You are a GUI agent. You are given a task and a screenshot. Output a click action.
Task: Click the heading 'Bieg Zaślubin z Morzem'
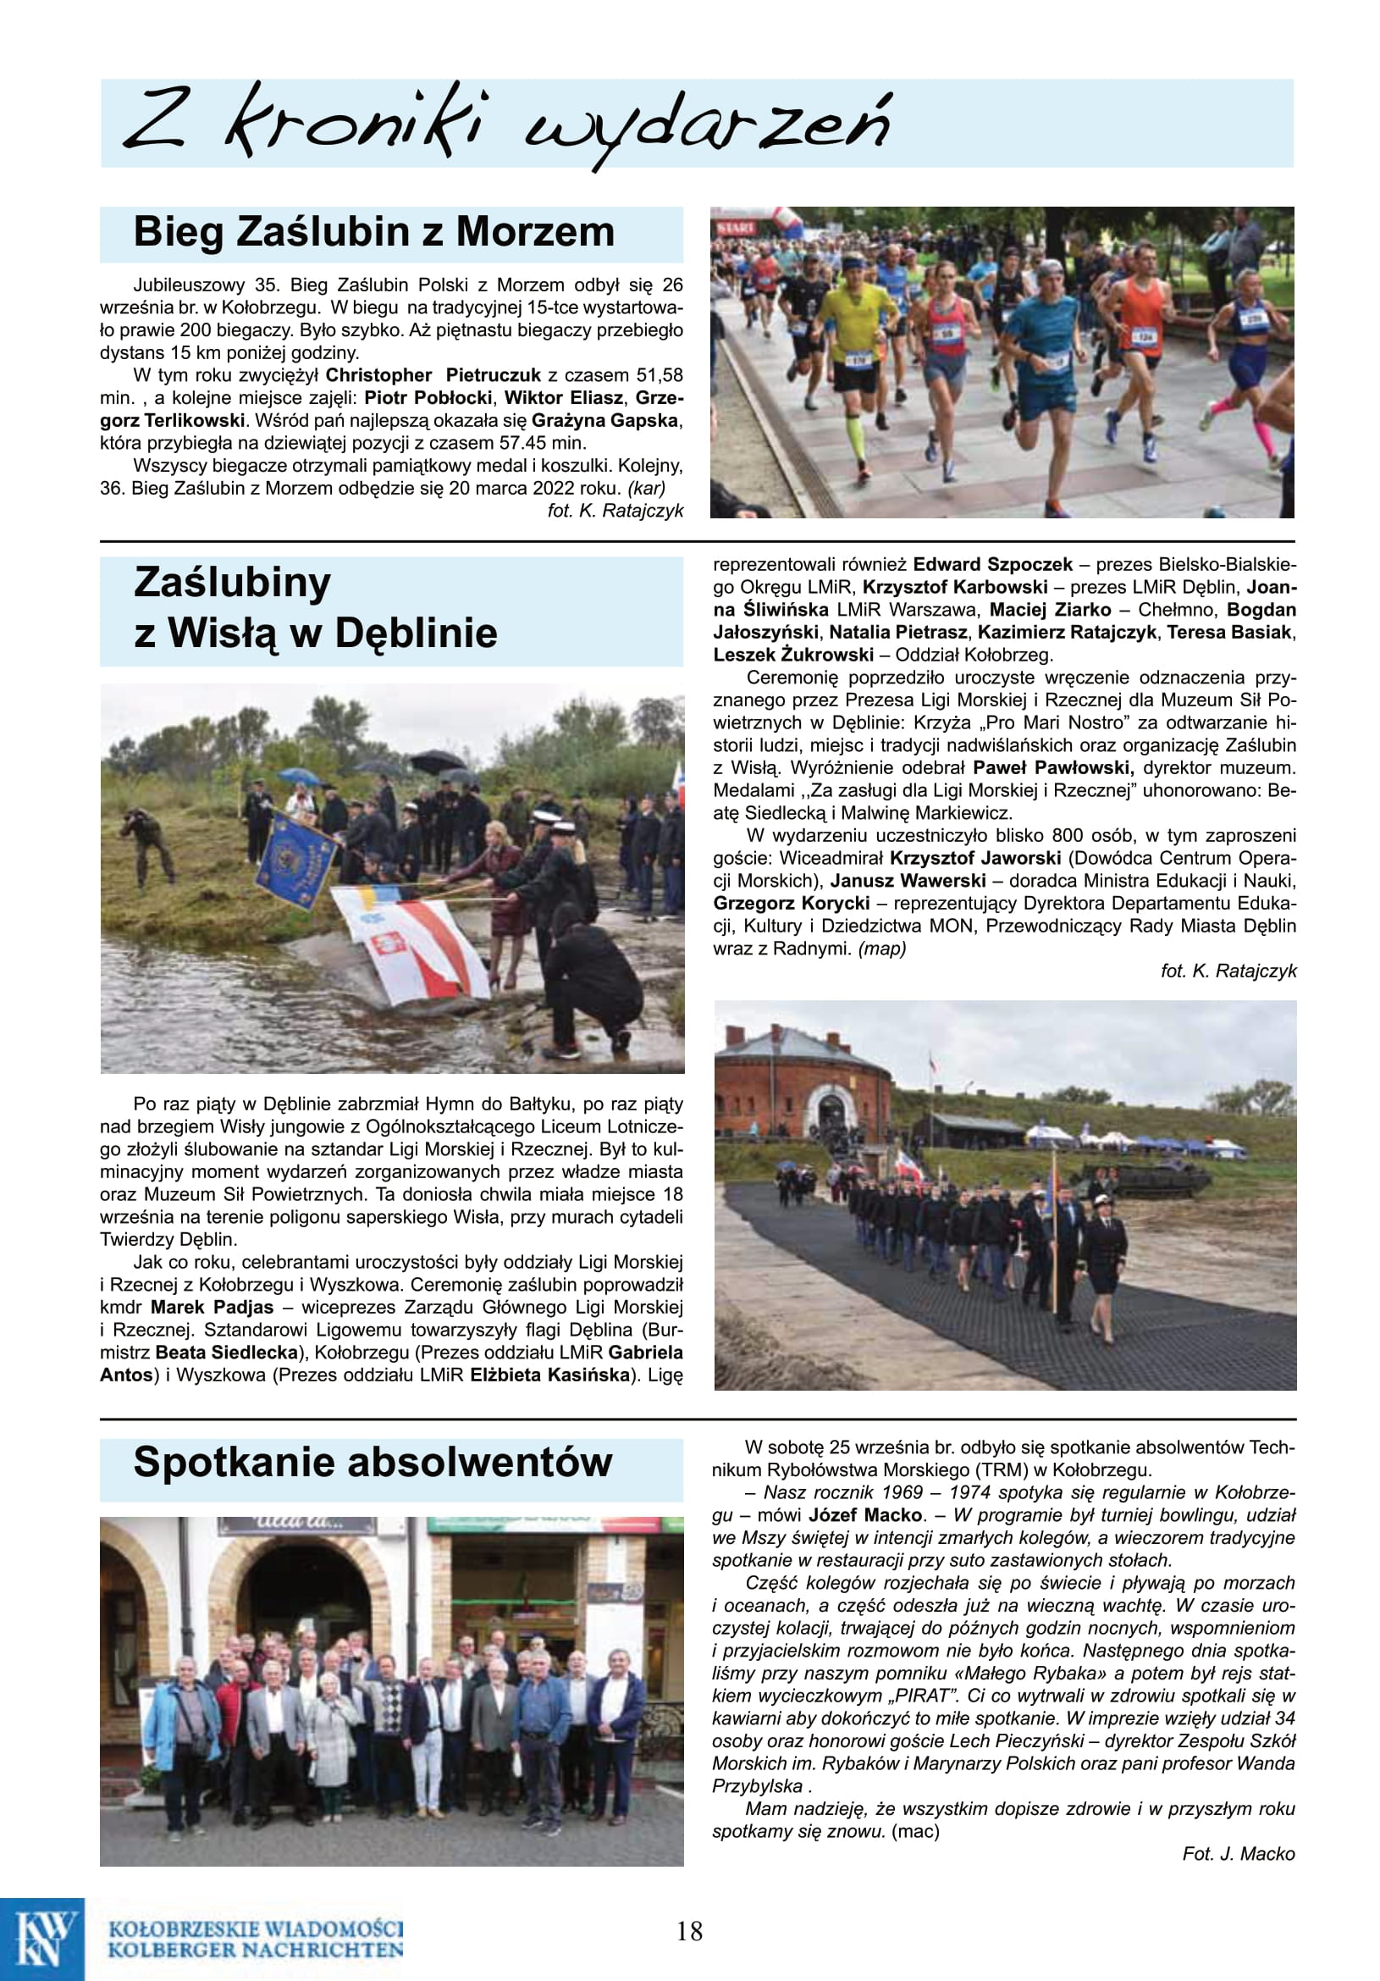point(373,233)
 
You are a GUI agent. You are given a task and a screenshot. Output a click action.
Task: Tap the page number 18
point(689,1931)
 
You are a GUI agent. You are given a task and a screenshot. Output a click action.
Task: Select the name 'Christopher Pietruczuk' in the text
point(432,375)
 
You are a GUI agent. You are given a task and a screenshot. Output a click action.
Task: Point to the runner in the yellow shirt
point(857,345)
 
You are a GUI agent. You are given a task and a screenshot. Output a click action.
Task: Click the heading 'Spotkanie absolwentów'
point(373,1463)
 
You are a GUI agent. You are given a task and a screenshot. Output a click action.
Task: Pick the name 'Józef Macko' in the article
point(865,1515)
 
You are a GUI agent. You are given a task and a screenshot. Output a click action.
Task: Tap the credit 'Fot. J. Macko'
point(1238,1853)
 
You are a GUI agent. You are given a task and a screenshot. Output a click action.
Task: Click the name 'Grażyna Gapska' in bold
point(604,421)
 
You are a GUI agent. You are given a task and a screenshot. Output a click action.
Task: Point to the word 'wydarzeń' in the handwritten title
point(707,125)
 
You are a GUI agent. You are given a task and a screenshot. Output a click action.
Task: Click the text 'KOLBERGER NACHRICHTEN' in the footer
point(256,1949)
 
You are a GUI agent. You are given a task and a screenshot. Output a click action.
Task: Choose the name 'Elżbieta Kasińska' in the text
point(550,1375)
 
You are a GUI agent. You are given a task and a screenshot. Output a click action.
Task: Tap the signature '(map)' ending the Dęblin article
point(881,949)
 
